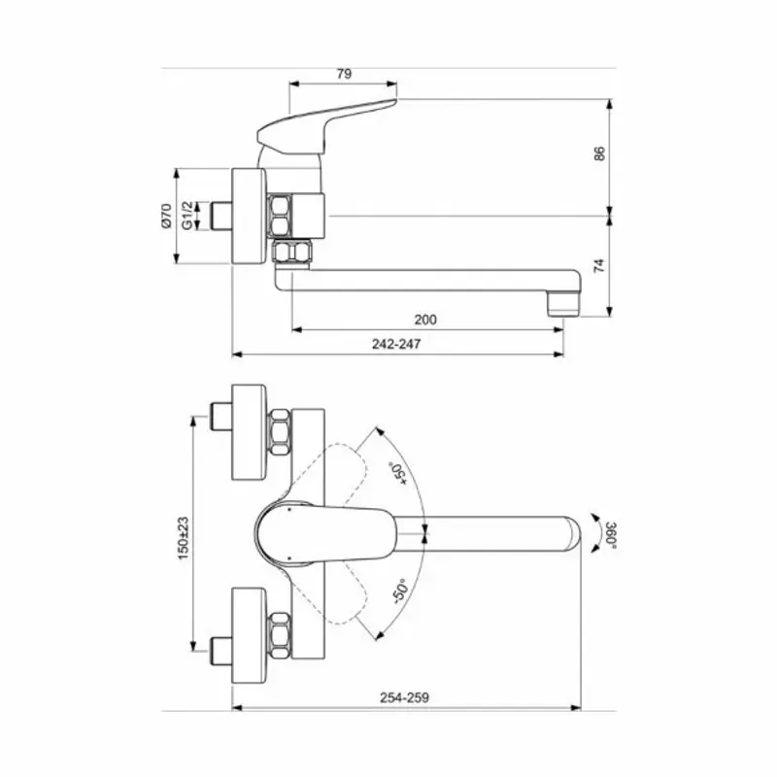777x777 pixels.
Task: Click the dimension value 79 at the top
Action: click(343, 74)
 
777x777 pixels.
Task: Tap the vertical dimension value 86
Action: click(599, 152)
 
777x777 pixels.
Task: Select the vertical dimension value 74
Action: click(599, 264)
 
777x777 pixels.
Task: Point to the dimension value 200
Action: click(425, 320)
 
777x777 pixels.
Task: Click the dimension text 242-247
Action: click(397, 344)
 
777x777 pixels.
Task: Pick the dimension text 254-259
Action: click(406, 697)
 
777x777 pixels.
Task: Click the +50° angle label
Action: click(397, 473)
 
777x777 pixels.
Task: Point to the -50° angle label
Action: click(397, 590)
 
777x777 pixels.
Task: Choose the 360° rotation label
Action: click(610, 535)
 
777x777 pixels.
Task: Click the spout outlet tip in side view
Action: click(563, 304)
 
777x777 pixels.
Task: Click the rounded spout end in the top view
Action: click(568, 533)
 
